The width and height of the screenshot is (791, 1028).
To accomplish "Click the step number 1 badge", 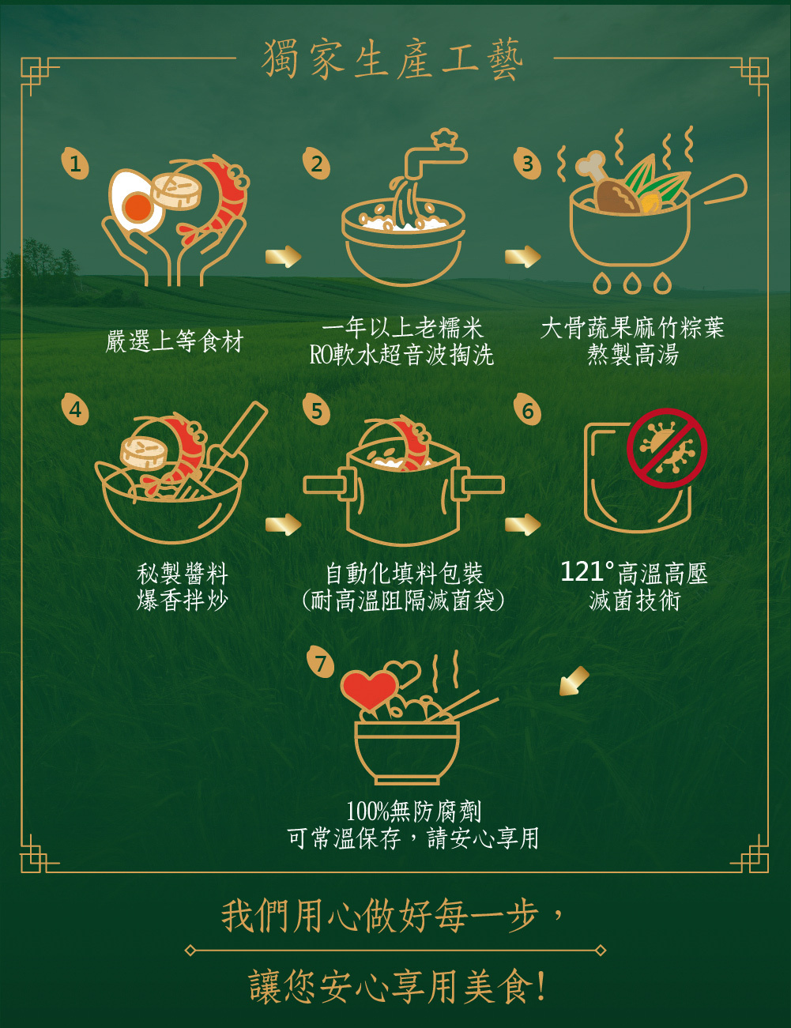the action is [75, 164].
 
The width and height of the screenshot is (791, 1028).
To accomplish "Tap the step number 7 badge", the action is [320, 663].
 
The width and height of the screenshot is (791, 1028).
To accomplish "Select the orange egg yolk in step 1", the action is [137, 207].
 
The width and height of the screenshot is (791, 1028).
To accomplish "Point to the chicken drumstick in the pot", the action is [605, 186].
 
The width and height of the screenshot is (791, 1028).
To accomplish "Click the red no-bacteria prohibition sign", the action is [667, 448].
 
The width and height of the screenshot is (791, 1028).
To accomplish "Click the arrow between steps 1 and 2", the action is [284, 257].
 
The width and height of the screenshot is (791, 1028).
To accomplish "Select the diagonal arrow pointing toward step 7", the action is [574, 682].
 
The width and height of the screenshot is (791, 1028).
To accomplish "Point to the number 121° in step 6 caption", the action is [587, 572].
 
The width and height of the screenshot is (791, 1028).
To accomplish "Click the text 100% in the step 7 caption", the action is [367, 811].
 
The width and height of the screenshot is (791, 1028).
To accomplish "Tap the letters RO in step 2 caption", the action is [321, 355].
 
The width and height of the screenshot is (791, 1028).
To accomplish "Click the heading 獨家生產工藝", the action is [394, 58].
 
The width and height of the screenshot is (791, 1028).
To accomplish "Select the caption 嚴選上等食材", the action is [175, 341].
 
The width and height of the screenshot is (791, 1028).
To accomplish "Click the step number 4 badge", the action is [75, 409].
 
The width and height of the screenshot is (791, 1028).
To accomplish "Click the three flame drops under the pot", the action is [632, 283].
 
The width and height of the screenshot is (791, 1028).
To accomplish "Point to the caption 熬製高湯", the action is [632, 355].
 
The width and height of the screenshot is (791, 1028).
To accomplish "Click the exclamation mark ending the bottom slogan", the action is [541, 986].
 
